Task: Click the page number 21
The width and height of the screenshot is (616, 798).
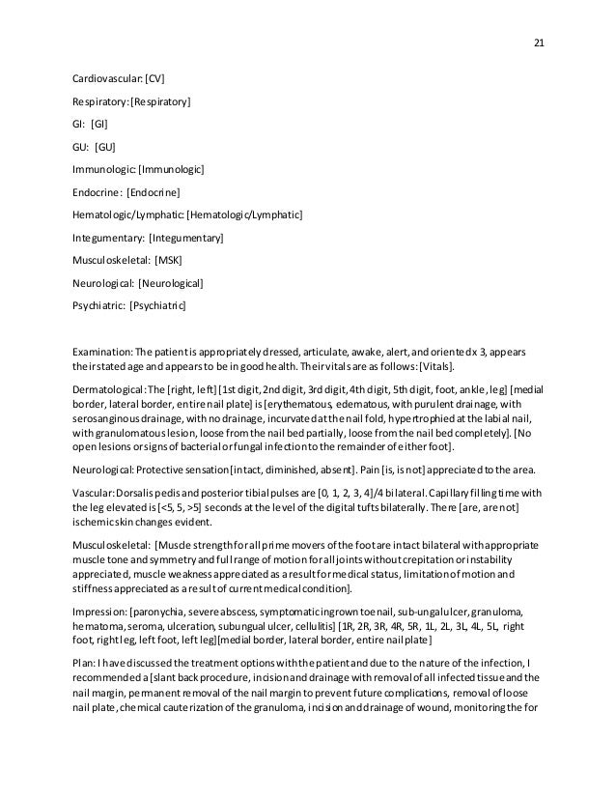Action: [539, 43]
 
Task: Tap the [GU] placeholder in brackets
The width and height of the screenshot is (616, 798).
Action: [105, 147]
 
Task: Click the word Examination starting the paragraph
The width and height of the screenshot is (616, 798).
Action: [102, 352]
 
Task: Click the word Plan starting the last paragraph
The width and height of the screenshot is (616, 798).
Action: [83, 663]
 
